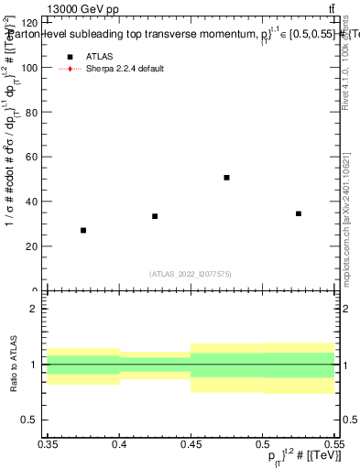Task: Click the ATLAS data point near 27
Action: [83, 230]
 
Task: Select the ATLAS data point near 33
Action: [155, 216]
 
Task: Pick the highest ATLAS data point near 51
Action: [226, 177]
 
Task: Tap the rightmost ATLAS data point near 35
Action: [299, 213]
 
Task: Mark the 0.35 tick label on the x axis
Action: [48, 443]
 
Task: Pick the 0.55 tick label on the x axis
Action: [333, 443]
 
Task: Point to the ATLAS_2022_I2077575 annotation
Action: [191, 274]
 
